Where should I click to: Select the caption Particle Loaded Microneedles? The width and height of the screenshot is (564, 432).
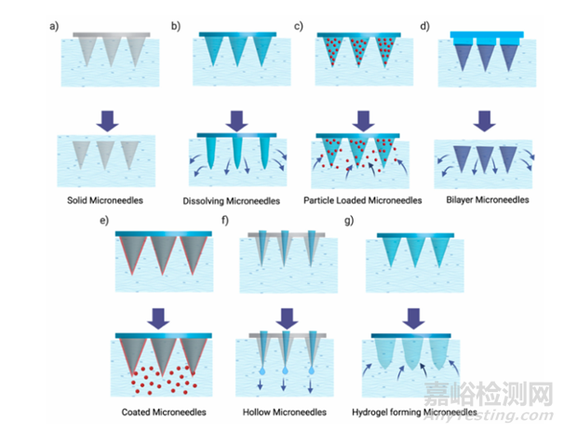pyautogui.click(x=358, y=200)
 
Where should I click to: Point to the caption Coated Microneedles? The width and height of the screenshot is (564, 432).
pyautogui.click(x=164, y=411)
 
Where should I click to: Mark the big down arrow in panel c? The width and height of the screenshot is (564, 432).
pyautogui.click(x=358, y=119)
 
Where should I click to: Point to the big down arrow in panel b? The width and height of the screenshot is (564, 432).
pyautogui.click(x=236, y=119)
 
